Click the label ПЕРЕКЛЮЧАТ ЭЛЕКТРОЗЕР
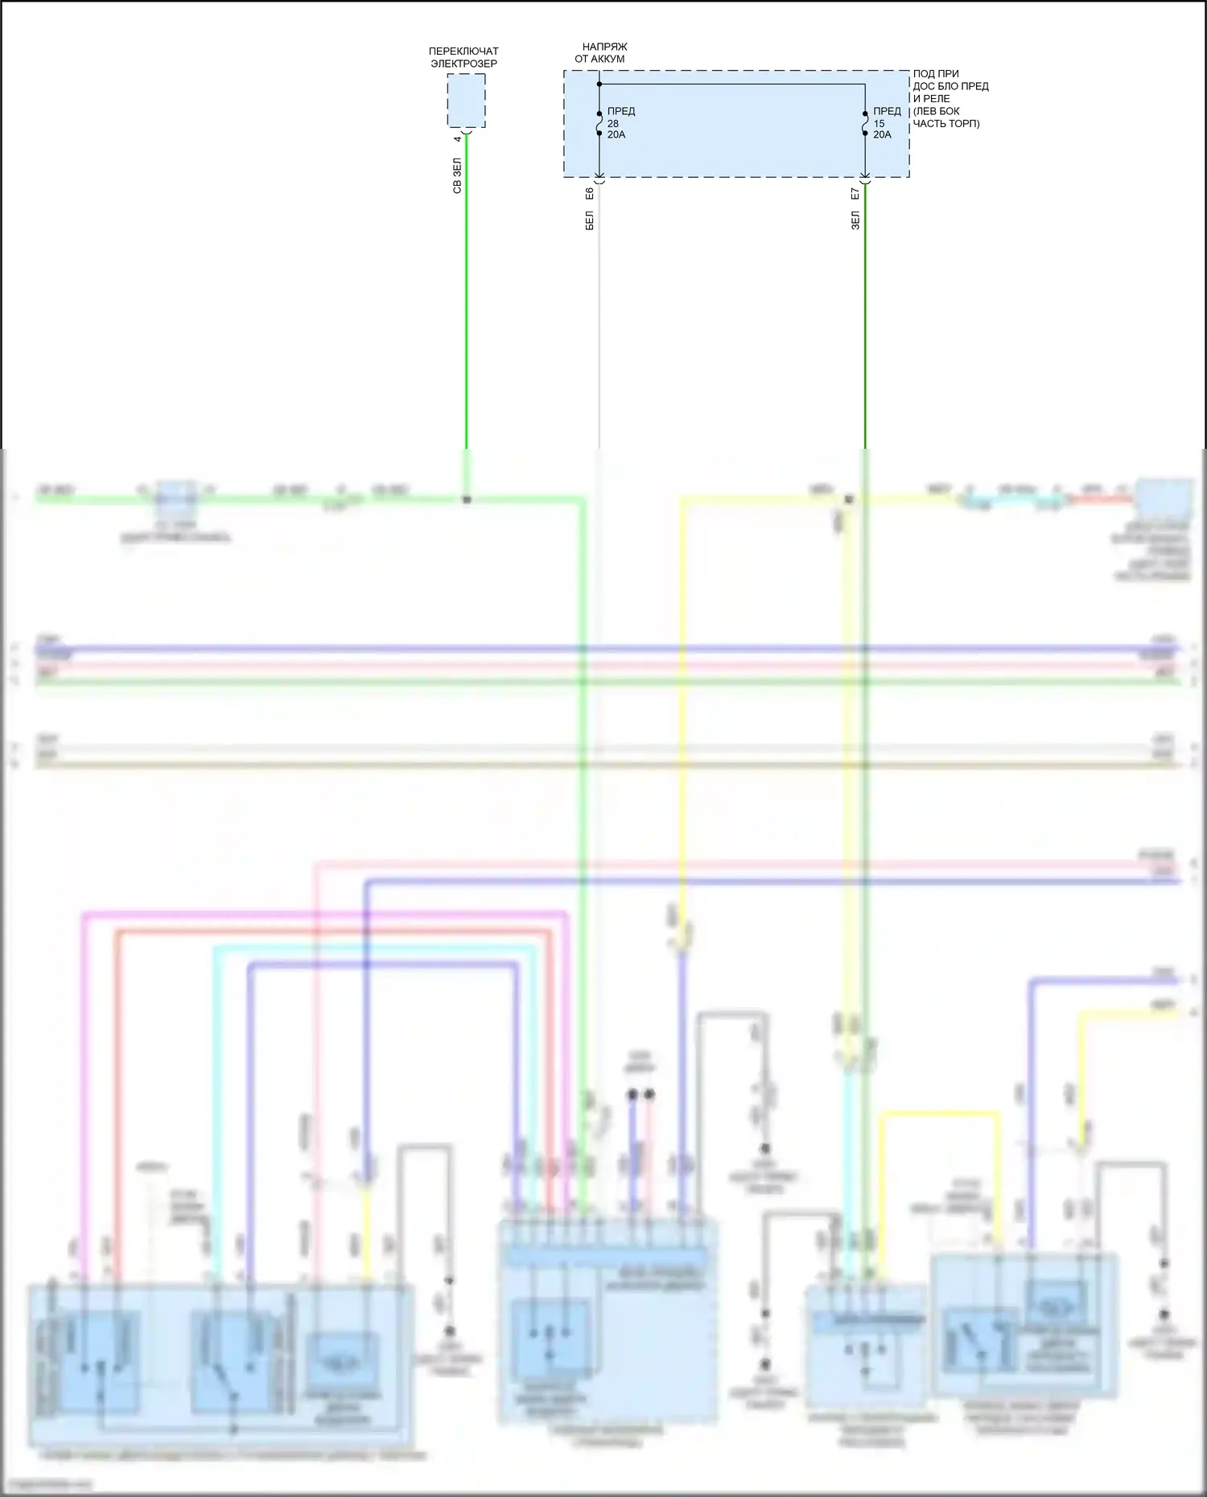463,57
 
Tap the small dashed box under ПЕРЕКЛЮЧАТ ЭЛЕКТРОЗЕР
467,101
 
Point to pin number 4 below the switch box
457,139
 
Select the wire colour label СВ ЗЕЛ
457,175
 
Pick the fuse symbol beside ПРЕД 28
599,123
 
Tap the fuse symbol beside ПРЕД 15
865,123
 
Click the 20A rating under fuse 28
616,135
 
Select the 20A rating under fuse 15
882,135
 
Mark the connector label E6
589,194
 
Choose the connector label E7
855,194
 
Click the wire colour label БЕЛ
589,220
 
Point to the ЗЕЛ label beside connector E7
855,220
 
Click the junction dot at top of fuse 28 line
599,84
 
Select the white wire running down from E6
599,322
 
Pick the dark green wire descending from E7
865,322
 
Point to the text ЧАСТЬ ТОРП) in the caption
946,124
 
